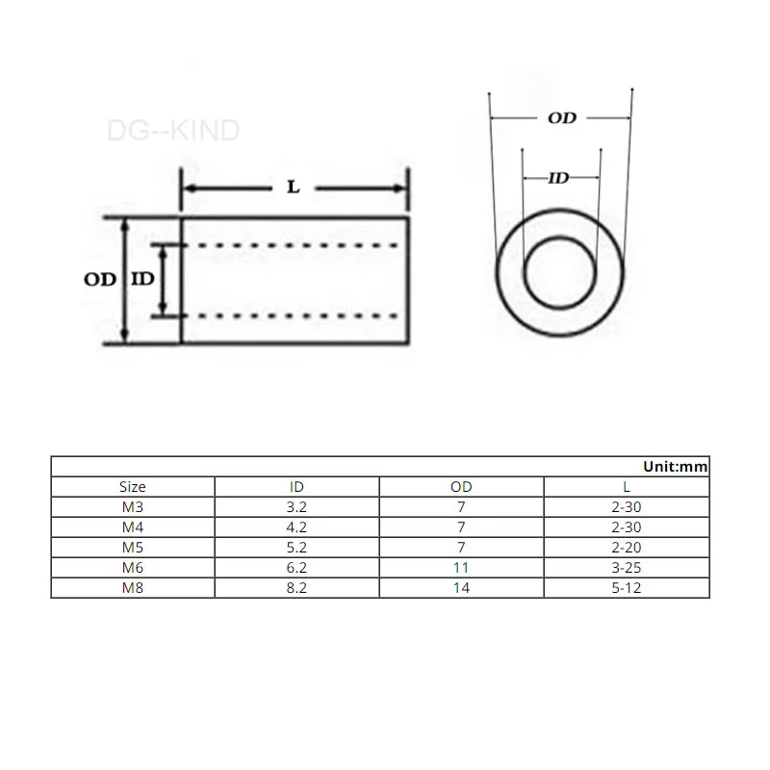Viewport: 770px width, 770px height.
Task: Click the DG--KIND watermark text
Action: [x=173, y=131]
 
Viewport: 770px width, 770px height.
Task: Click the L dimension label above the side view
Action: [x=294, y=187]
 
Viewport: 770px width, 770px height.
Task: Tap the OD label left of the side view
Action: [x=99, y=279]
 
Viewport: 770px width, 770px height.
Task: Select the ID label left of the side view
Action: [x=141, y=279]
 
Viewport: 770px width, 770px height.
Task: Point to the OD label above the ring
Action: [x=562, y=117]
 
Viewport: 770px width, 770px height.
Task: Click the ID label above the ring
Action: [x=560, y=178]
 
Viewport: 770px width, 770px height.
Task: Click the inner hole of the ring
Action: [x=561, y=273]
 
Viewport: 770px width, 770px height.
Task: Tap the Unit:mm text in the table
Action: [x=675, y=466]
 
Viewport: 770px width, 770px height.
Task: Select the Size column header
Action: [x=132, y=487]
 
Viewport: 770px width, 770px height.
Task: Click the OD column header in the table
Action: [x=461, y=487]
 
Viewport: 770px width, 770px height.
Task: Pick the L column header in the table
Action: [x=627, y=487]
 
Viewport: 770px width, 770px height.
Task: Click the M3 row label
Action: [x=132, y=507]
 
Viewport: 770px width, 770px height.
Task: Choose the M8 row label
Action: [x=132, y=587]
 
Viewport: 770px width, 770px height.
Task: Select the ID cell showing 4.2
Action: [x=296, y=527]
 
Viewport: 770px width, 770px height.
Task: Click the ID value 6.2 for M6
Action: [x=296, y=567]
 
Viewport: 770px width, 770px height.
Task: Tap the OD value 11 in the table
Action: [x=461, y=567]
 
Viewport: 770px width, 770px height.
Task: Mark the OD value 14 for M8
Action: [x=461, y=587]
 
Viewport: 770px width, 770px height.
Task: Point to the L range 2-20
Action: [x=627, y=548]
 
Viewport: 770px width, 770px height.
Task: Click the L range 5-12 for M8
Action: [x=627, y=587]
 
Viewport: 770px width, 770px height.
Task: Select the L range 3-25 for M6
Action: [x=627, y=567]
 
